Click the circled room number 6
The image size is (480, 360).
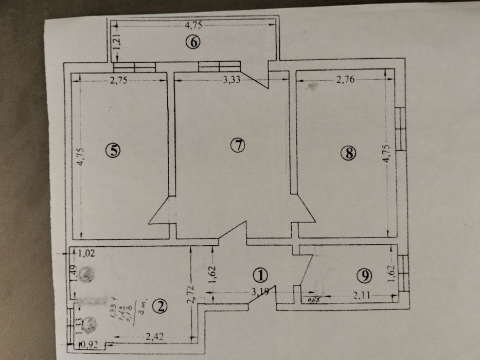pyautogui.click(x=192, y=42)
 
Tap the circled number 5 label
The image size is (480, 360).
pyautogui.click(x=112, y=150)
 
